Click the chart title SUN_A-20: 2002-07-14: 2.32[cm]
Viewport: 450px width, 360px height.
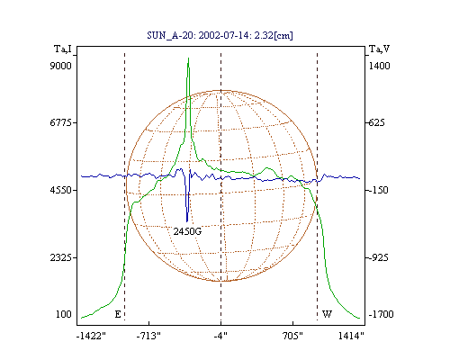[x=220, y=35]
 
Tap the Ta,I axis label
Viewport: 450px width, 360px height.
[x=63, y=49]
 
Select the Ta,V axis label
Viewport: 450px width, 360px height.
[x=379, y=49]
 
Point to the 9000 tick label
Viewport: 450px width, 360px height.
[x=60, y=66]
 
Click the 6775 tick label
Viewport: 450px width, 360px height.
[x=60, y=122]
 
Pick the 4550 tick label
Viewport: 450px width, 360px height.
[x=60, y=190]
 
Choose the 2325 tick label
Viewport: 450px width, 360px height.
[x=60, y=257]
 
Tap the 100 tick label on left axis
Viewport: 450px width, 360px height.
[x=64, y=314]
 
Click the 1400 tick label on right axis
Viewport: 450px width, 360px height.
[x=379, y=66]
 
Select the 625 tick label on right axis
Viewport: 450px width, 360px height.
[x=376, y=122]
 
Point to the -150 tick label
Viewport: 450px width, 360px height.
[x=378, y=190]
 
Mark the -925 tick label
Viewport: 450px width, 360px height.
[x=378, y=257]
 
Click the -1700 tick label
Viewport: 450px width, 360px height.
[x=381, y=314]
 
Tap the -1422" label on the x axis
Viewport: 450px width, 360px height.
[x=91, y=336]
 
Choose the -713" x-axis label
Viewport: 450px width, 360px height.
[x=148, y=336]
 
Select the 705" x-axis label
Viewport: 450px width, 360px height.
[x=292, y=336]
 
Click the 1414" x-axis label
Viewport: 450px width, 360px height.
[x=351, y=336]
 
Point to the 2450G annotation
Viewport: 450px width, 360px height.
[x=187, y=231]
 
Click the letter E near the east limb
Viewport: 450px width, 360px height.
[x=118, y=314]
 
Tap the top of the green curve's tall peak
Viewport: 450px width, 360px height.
[x=188, y=58]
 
